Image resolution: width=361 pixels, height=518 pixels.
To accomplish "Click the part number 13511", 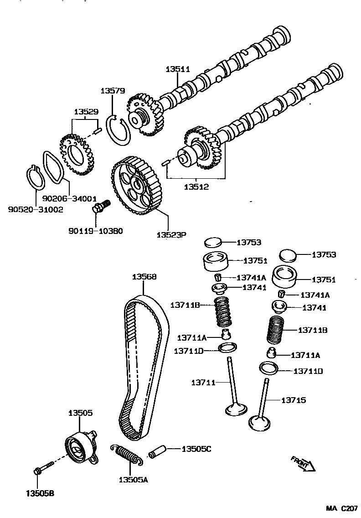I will (177, 69).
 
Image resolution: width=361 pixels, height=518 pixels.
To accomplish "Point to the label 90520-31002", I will (36, 209).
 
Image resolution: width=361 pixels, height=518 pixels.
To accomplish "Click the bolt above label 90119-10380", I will (101, 207).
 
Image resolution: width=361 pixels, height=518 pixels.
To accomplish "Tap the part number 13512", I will (197, 186).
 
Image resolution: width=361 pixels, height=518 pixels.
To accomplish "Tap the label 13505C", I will (196, 449).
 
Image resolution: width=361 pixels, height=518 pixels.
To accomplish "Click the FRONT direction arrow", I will (303, 462).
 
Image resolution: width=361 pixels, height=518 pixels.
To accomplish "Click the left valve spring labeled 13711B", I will (223, 312).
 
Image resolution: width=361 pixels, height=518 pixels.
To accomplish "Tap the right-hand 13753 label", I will (324, 254).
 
